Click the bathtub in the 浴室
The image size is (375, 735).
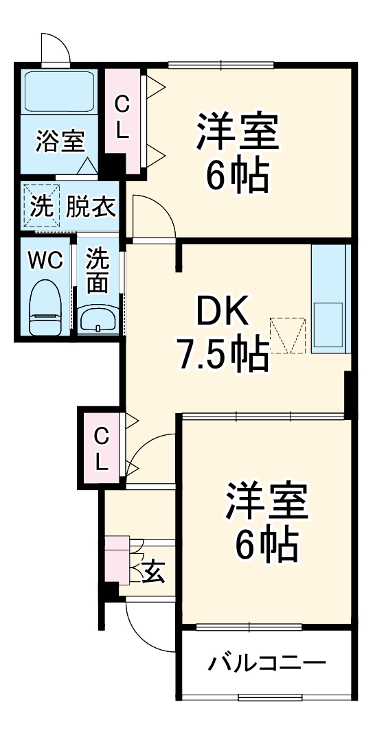pos(59,93)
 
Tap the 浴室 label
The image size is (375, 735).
pos(60,142)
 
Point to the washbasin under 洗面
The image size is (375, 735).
pos(98,318)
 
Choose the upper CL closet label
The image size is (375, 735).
pos(122,118)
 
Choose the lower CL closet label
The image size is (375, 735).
pos(102,448)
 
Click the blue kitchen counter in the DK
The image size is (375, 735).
pos(330,299)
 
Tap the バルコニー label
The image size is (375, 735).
pos(267,664)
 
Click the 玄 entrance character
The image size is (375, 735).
pos(154,571)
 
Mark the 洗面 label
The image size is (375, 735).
pos(98,271)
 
